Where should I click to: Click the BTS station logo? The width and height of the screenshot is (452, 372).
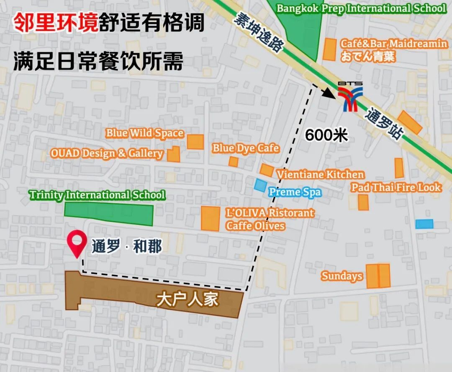(351, 97)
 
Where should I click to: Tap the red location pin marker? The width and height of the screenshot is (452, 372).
(77, 245)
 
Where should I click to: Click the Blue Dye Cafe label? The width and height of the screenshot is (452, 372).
(245, 148)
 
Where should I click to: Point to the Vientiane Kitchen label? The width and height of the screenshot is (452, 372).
(320, 174)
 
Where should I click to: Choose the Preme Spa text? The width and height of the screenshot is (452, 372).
(295, 192)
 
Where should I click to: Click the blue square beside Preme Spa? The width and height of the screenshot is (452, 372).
(260, 185)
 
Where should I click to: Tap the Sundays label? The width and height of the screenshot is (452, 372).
(342, 276)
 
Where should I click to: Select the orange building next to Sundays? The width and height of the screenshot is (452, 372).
(378, 276)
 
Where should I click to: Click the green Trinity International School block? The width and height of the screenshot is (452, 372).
(109, 214)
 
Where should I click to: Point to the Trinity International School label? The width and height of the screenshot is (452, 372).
(97, 195)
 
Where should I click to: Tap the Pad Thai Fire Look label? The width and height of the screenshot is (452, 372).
(396, 187)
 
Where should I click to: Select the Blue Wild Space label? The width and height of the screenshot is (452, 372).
(144, 133)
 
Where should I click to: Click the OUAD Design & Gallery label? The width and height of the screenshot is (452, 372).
(107, 153)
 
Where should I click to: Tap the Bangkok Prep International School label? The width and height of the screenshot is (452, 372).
(361, 8)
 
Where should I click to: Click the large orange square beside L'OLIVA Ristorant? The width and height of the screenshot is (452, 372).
(210, 218)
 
